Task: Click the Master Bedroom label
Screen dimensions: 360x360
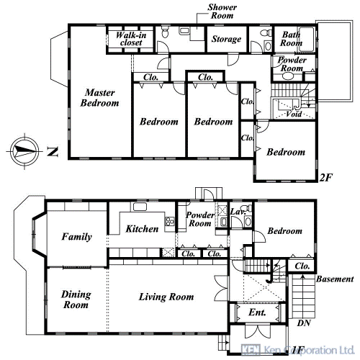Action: pyautogui.click(x=99, y=98)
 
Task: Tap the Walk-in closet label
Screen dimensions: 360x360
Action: pyautogui.click(x=131, y=39)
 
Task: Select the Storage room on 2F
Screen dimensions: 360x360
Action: pyautogui.click(x=226, y=39)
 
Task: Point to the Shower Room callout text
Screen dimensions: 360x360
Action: pyautogui.click(x=222, y=12)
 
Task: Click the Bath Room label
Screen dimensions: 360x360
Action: pyautogui.click(x=291, y=39)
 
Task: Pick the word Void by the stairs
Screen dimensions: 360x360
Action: pyautogui.click(x=294, y=114)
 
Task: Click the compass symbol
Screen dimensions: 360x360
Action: pyautogui.click(x=24, y=151)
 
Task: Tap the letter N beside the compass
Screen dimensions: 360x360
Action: pyautogui.click(x=53, y=152)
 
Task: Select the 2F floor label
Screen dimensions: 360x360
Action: pyautogui.click(x=326, y=178)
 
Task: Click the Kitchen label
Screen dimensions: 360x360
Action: pyautogui.click(x=142, y=229)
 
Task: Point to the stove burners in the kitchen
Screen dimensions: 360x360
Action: pyautogui.click(x=170, y=221)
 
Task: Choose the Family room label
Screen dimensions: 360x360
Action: pyautogui.click(x=76, y=237)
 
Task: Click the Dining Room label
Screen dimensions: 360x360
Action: pyautogui.click(x=76, y=300)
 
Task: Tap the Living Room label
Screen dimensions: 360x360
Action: pyautogui.click(x=166, y=297)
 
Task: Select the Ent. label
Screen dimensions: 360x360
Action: pyautogui.click(x=257, y=312)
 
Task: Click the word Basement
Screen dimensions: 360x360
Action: pyautogui.click(x=335, y=279)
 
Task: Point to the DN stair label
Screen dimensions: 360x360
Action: pyautogui.click(x=304, y=323)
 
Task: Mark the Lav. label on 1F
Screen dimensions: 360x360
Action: pyautogui.click(x=238, y=212)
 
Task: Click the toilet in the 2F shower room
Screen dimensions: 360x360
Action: pyautogui.click(x=165, y=32)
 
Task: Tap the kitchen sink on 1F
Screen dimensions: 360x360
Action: pyautogui.click(x=140, y=207)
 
